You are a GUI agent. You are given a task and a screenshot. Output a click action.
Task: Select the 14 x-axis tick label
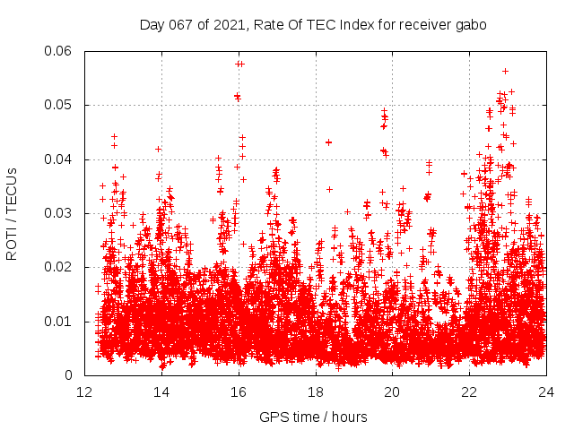pos(161,391)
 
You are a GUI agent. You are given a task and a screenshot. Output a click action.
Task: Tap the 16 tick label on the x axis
pos(239,391)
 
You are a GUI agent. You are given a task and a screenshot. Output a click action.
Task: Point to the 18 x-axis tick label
pos(316,391)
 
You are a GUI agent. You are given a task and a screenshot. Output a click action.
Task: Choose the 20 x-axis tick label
pos(393,391)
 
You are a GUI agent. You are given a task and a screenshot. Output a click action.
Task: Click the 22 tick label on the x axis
pos(469,391)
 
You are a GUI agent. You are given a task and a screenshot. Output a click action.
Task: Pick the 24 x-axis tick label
pos(546,391)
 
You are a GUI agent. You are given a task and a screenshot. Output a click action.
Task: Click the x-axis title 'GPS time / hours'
pos(313,417)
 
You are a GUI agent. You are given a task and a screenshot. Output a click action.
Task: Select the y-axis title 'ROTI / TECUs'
pos(13,213)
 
